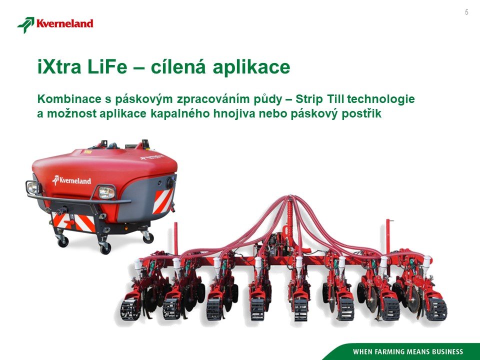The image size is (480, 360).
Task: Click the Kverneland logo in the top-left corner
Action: [55, 24]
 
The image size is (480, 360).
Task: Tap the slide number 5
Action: [466, 12]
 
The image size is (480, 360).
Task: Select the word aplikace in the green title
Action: [251, 67]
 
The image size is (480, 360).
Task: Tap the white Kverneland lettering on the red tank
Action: [72, 180]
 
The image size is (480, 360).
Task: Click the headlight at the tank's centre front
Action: [106, 192]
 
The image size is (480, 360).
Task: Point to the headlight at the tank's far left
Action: [32, 187]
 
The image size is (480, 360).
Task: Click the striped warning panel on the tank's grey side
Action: [163, 200]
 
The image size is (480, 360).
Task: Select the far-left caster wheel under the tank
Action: [63, 241]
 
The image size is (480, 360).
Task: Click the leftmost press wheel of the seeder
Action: [130, 309]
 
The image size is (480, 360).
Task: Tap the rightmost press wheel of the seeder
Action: [436, 309]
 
